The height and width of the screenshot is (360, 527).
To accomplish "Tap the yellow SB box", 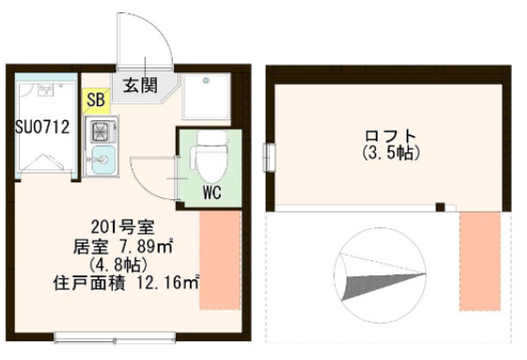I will [95, 99].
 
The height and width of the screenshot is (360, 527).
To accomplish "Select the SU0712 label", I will [41, 128].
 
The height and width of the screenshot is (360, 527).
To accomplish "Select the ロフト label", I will [388, 135].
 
